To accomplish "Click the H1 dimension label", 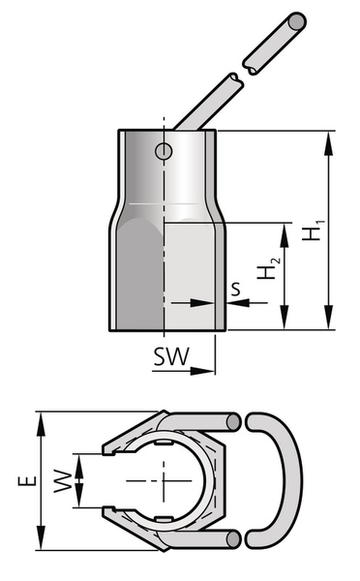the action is pos(314,230).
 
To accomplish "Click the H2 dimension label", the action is pos(269,268).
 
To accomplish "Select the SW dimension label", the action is pos(171,356).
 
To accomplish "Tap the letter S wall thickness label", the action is pos(235,290).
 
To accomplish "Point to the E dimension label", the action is pos(28,480).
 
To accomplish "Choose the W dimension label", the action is pos(63,481).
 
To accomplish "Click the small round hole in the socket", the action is pos(164,151).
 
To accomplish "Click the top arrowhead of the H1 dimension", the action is pos(328,142).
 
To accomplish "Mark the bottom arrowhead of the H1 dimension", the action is pos(328,318).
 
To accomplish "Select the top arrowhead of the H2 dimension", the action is pos(285,235).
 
